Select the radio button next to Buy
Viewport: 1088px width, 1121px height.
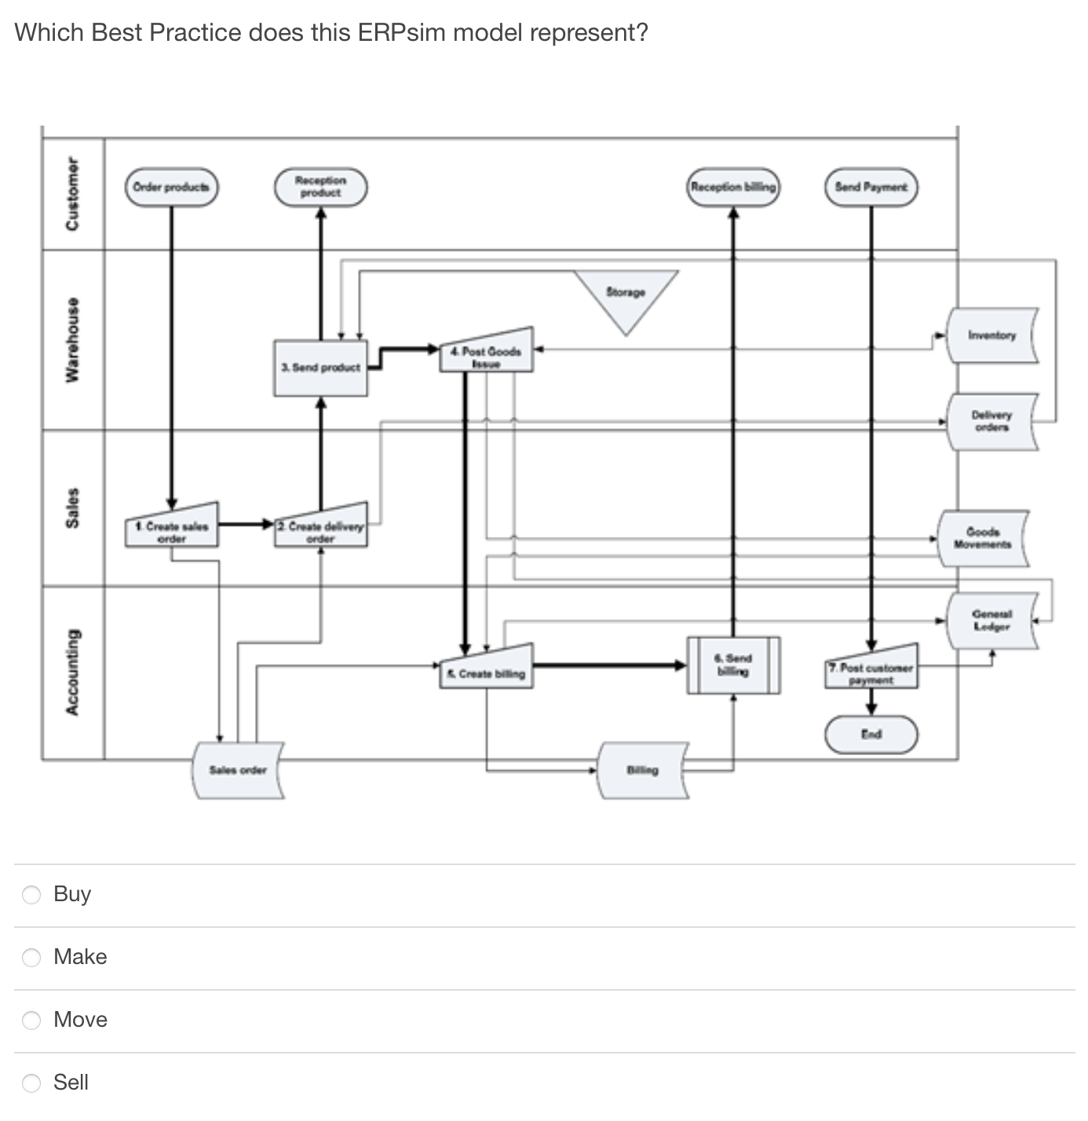pyautogui.click(x=31, y=895)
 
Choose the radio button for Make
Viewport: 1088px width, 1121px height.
pyautogui.click(x=31, y=958)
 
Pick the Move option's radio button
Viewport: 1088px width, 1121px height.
pyautogui.click(x=31, y=1021)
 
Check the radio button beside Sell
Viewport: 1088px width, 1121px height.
pyautogui.click(x=31, y=1083)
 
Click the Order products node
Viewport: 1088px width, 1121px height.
pyautogui.click(x=172, y=188)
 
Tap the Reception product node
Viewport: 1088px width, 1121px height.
pyautogui.click(x=320, y=188)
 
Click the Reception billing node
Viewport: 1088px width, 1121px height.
pyautogui.click(x=733, y=188)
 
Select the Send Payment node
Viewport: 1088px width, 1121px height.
pyautogui.click(x=871, y=188)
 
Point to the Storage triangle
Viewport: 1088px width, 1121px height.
pyautogui.click(x=626, y=295)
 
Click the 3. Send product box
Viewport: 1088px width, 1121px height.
pyautogui.click(x=320, y=367)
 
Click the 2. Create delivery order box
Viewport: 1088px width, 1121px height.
pyautogui.click(x=320, y=528)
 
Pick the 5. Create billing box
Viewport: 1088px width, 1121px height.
pyautogui.click(x=486, y=670)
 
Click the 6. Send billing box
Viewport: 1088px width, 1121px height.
pyautogui.click(x=733, y=665)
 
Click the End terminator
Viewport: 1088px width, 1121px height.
pyautogui.click(x=871, y=735)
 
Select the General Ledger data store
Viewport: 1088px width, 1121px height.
pyautogui.click(x=992, y=621)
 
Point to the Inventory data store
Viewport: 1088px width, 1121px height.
pyautogui.click(x=992, y=336)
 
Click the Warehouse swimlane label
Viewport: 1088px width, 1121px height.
pyautogui.click(x=72, y=339)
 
